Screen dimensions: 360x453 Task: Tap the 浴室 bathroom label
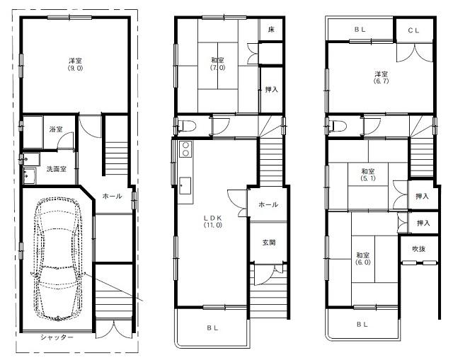55,130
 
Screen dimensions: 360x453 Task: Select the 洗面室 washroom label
56,169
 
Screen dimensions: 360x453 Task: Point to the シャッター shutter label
57,338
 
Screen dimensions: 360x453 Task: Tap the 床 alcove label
271,30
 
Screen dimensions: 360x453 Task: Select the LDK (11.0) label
214,220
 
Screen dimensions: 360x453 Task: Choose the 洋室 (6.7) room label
381,77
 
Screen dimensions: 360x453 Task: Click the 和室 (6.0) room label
363,258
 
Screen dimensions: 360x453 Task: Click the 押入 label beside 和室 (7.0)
271,89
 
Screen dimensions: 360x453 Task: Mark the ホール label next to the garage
113,196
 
